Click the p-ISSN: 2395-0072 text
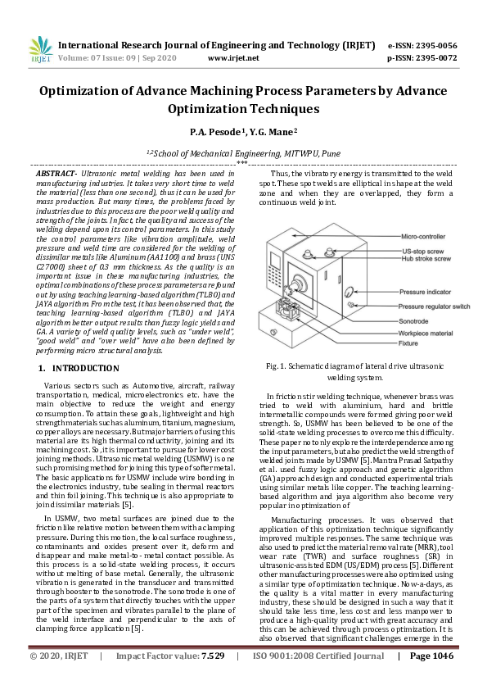tap(422, 59)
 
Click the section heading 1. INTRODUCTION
tap(79, 368)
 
